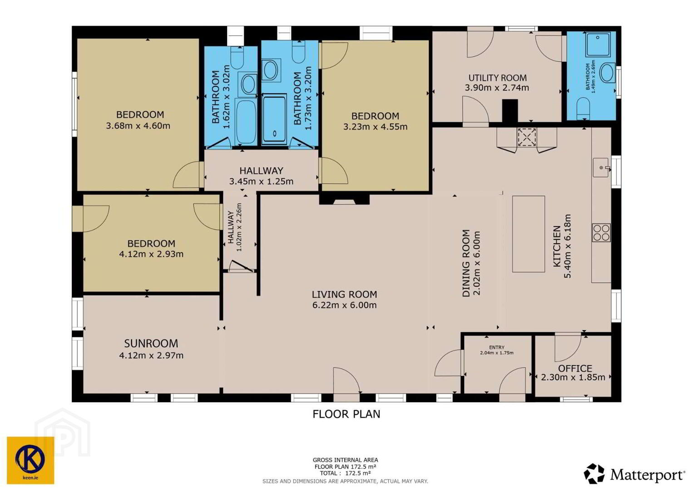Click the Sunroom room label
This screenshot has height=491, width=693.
coord(151,343)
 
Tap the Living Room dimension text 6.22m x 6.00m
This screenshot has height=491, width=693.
coord(344,305)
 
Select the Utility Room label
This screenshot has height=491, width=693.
coord(497,78)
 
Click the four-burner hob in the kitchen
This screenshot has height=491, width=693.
coord(601,233)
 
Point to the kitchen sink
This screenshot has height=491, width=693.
coord(601,168)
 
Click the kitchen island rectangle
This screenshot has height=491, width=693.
coord(529,234)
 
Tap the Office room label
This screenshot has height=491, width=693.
coord(575,368)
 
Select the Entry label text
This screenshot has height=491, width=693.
coord(497,347)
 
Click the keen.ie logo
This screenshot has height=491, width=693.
coord(30,461)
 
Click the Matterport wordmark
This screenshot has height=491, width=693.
coord(647,475)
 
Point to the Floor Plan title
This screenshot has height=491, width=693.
coord(346,414)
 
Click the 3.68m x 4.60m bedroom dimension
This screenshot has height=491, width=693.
coord(138,126)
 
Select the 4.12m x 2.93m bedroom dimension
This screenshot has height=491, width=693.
coord(151,254)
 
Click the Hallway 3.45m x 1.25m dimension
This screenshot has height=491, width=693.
coord(261,181)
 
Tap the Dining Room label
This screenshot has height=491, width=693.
coord(466,263)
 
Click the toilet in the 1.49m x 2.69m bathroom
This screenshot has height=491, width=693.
coord(583,108)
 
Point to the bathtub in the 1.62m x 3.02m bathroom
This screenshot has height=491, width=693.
coord(246,121)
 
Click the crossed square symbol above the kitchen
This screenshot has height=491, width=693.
coord(527,137)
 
